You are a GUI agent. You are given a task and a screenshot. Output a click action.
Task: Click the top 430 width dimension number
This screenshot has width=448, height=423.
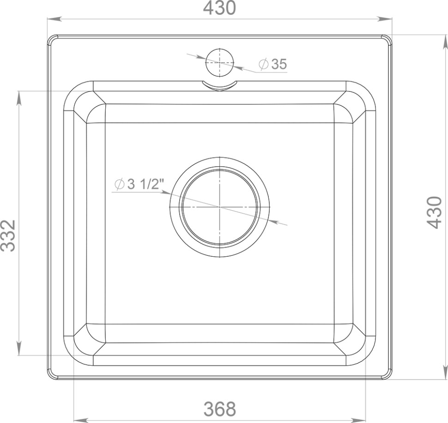pyautogui.click(x=219, y=8)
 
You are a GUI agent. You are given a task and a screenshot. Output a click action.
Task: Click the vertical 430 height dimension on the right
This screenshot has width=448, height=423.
pyautogui.click(x=434, y=212)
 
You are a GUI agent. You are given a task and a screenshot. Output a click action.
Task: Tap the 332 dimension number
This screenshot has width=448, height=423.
pyautogui.click(x=8, y=236)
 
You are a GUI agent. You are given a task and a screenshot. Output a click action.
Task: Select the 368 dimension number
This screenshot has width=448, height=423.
pyautogui.click(x=219, y=409)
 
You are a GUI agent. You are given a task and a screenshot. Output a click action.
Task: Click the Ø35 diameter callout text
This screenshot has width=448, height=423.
pyautogui.click(x=272, y=64)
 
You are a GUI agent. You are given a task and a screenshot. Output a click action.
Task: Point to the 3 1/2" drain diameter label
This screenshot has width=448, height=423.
pyautogui.click(x=139, y=184)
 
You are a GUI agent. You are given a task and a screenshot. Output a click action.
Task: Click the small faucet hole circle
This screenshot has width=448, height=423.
pyautogui.click(x=220, y=62)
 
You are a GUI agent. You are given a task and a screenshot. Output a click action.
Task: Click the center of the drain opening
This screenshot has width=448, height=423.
pyautogui.click(x=220, y=207)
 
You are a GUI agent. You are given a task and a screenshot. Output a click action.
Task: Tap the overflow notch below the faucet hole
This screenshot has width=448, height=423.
pyautogui.click(x=220, y=86)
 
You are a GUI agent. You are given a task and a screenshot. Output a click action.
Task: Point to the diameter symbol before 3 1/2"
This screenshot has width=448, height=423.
pyautogui.click(x=119, y=184)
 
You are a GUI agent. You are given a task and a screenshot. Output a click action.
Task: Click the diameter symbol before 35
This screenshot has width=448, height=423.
pyautogui.click(x=263, y=64)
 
